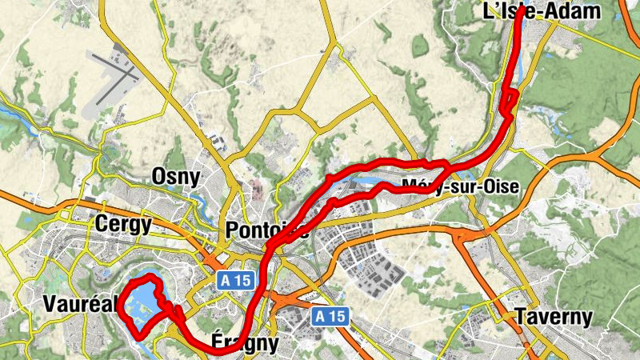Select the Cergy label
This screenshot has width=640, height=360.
(122, 225)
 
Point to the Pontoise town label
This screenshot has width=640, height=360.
(267, 230)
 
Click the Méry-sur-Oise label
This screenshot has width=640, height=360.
(460, 186)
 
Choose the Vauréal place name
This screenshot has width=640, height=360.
(80, 304)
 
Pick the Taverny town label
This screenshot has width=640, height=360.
(554, 316)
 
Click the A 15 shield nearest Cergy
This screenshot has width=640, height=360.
(234, 280)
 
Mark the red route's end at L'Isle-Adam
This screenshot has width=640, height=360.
(521, 11)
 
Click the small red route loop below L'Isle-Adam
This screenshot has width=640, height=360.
(510, 102)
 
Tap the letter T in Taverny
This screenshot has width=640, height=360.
(521, 316)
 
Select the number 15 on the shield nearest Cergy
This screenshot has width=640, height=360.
(241, 280)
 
